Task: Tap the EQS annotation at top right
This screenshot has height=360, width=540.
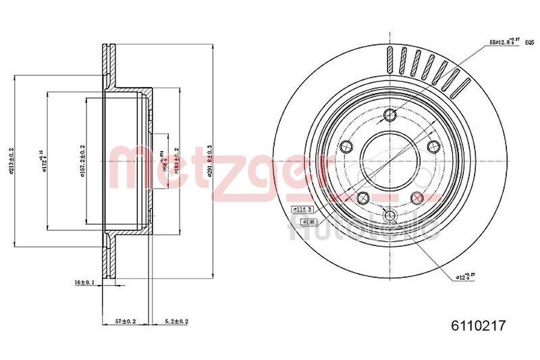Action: (530, 41)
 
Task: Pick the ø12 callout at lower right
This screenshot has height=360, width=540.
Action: (466, 276)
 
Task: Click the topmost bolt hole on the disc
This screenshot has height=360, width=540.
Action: (389, 116)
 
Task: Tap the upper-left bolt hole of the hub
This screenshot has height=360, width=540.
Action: (346, 147)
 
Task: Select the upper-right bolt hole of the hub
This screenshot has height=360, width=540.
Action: (433, 147)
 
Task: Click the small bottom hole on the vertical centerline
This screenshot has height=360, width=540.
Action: (389, 215)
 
